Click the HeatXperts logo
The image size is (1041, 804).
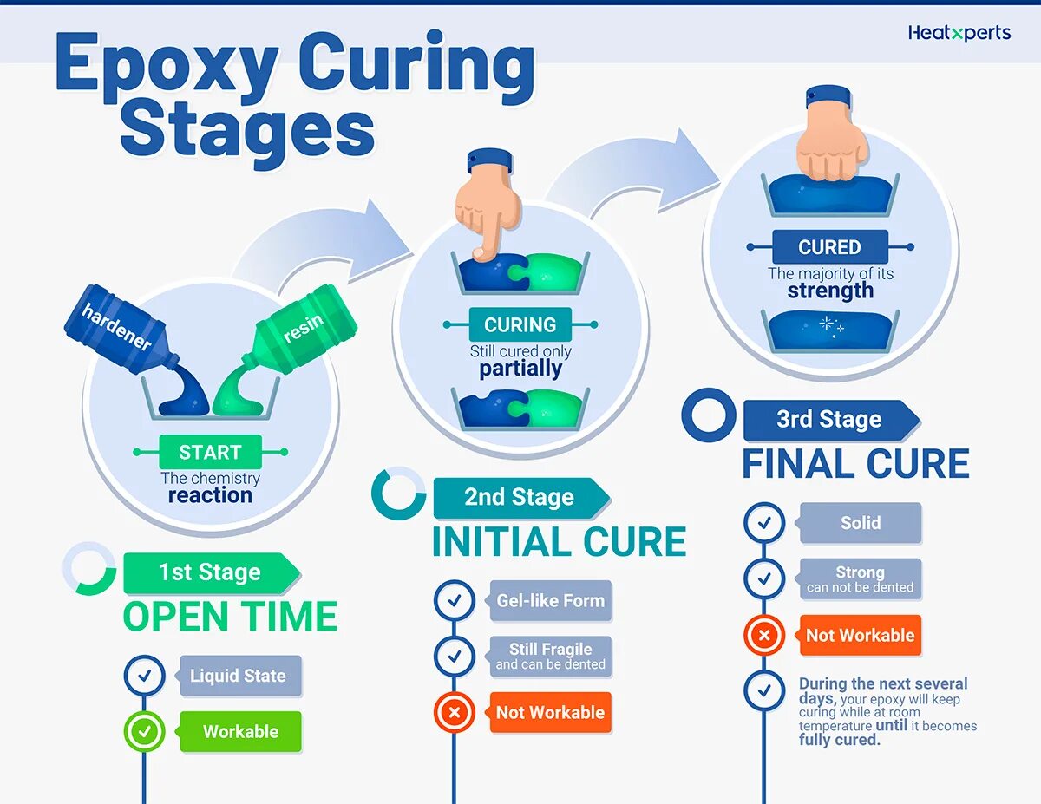click(x=959, y=34)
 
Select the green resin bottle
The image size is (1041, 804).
click(x=299, y=335)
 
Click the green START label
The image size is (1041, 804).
click(x=210, y=452)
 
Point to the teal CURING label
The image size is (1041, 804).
click(x=520, y=325)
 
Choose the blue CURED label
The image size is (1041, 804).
click(x=829, y=247)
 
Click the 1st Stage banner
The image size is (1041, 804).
click(x=210, y=572)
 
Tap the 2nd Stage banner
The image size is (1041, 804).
click(x=520, y=497)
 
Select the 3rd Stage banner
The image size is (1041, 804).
click(x=829, y=420)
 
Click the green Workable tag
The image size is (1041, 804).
click(x=240, y=731)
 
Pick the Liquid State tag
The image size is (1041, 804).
click(x=239, y=676)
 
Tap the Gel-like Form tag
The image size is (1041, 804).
click(x=550, y=600)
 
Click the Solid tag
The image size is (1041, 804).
click(x=860, y=523)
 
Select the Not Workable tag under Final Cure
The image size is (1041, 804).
click(x=860, y=635)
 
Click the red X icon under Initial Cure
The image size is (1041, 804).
click(x=455, y=713)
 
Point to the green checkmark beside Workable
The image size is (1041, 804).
click(x=145, y=732)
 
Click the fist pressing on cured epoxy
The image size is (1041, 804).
click(x=832, y=139)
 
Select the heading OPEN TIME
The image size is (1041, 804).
click(x=230, y=617)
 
